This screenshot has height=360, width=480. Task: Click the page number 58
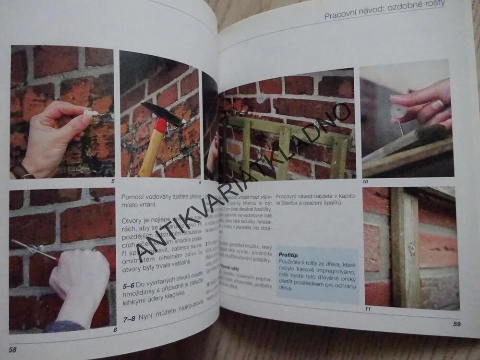point(12,349)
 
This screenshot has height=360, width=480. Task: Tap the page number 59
point(456,324)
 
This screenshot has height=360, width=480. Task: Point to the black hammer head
point(160,115)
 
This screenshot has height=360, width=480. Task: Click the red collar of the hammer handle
point(161,127)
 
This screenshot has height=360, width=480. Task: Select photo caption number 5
point(112,181)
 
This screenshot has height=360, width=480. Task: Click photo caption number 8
point(115,330)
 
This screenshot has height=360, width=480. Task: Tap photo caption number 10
point(365,181)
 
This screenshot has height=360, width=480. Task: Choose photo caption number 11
point(367,309)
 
